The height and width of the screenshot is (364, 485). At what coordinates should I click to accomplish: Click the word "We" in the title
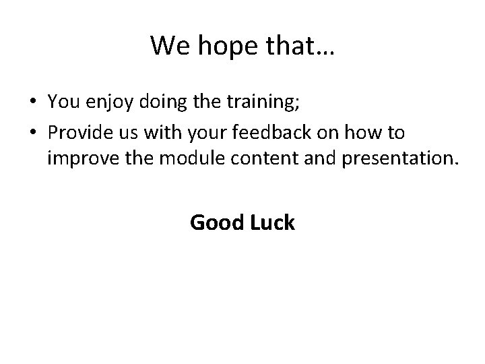click(x=167, y=46)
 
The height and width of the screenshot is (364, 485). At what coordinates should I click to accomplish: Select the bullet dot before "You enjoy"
click(x=33, y=102)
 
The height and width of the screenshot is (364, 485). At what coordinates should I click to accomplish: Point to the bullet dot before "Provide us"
click(x=33, y=133)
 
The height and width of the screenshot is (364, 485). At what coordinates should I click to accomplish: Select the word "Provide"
click(x=79, y=133)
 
